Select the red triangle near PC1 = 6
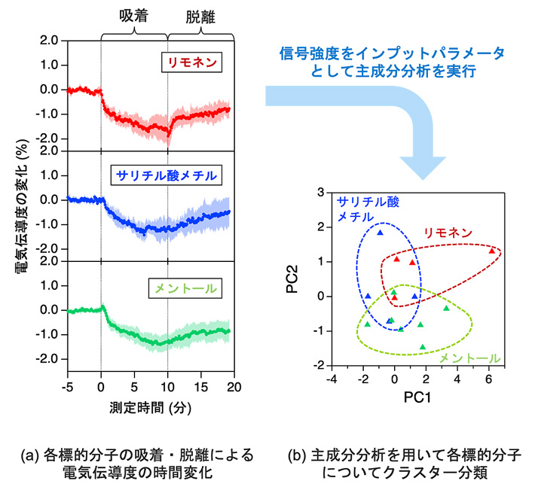point(491,251)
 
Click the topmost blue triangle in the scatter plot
point(381,233)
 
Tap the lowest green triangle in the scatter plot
point(423,347)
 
